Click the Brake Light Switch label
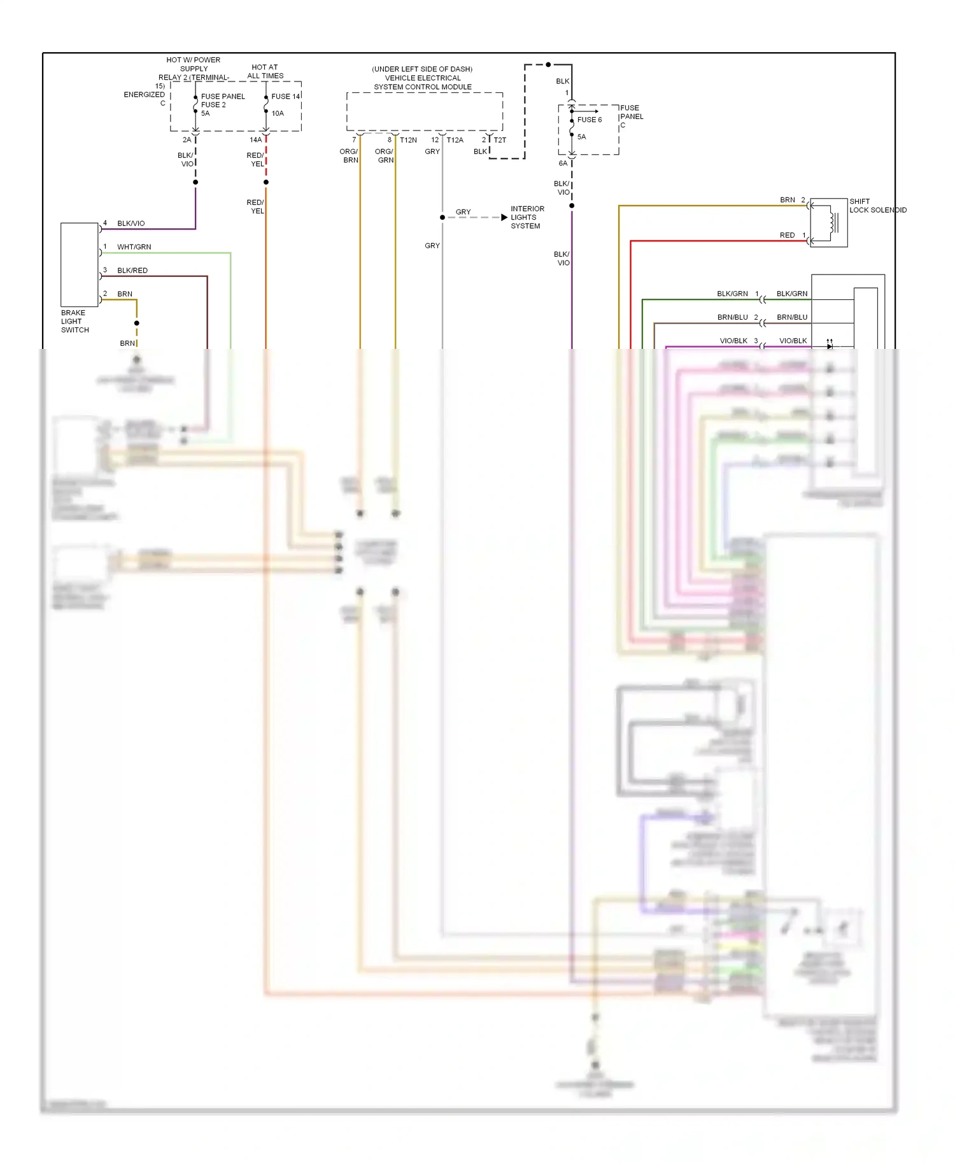pyautogui.click(x=74, y=322)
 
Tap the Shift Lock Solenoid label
pyautogui.click(x=877, y=206)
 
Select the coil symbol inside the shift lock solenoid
pyautogui.click(x=831, y=222)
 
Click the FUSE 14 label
pyautogui.click(x=285, y=97)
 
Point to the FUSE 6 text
pyautogui.click(x=589, y=120)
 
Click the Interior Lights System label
pyautogui.click(x=527, y=217)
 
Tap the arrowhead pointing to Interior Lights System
pyautogui.click(x=504, y=218)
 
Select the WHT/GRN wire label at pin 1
pyautogui.click(x=134, y=247)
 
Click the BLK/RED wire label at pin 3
pyautogui.click(x=132, y=271)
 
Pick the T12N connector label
pyautogui.click(x=408, y=140)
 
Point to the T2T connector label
pyautogui.click(x=500, y=140)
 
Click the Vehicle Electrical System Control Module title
pyautogui.click(x=422, y=78)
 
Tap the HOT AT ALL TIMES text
pyautogui.click(x=265, y=71)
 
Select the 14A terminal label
pyautogui.click(x=255, y=140)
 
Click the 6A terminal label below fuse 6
pyautogui.click(x=563, y=164)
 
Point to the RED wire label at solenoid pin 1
pyautogui.click(x=787, y=236)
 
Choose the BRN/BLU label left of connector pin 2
pyautogui.click(x=732, y=317)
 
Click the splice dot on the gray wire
pyautogui.click(x=442, y=218)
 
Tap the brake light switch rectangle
pyautogui.click(x=79, y=264)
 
